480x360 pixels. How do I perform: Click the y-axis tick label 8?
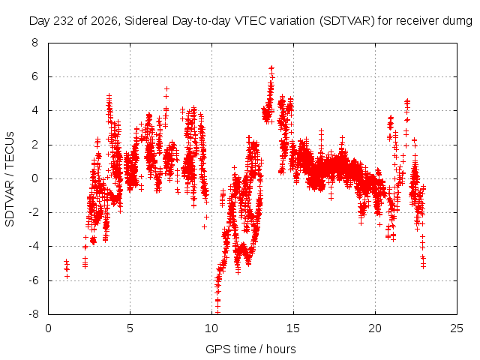pos(34,43)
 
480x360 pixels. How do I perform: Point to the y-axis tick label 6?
pos(34,76)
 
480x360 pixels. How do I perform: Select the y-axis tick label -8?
pos(33,314)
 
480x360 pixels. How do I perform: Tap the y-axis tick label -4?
pos(33,246)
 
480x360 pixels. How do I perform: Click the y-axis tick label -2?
pos(33,212)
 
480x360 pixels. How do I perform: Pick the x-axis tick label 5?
pos(130,328)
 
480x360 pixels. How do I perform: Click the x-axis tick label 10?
pos(211,328)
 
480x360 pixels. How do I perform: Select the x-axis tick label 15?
pos(293,328)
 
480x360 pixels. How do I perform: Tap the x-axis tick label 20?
pos(375,328)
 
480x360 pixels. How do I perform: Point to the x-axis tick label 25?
pos(457,328)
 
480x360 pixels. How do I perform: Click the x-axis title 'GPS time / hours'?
pos(250,349)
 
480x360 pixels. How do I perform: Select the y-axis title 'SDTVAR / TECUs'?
pos(10,179)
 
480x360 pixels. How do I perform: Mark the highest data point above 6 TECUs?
pos(271,68)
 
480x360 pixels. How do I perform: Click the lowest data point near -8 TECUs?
pos(217,312)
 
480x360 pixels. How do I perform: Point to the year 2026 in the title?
pos(104,21)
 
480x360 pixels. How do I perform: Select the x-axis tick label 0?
pos(48,328)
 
